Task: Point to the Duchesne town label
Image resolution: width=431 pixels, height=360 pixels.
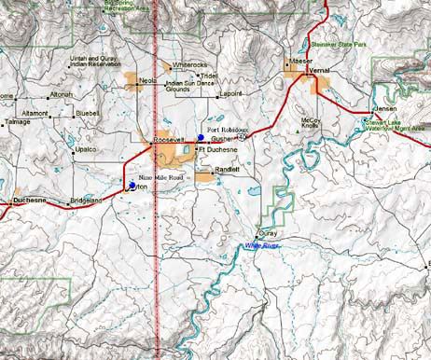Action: point(30,201)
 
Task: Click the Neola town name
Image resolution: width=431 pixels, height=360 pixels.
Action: point(147,81)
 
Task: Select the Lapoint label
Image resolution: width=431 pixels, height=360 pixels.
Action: point(229,94)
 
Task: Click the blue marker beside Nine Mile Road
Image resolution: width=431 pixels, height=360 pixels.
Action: point(131,185)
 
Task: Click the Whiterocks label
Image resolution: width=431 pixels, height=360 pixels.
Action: point(191,64)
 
